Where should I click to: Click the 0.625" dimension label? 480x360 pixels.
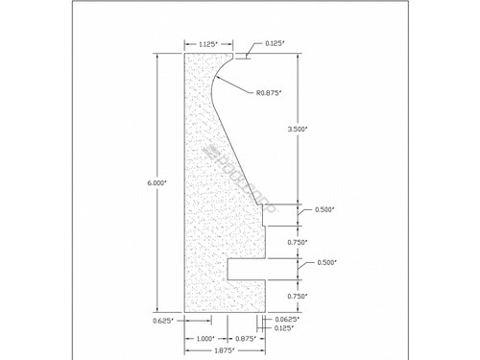pyautogui.click(x=162, y=320)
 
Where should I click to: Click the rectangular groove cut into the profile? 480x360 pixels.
pyautogui.click(x=247, y=268)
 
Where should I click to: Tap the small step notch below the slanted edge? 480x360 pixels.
pyautogui.click(x=261, y=215)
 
